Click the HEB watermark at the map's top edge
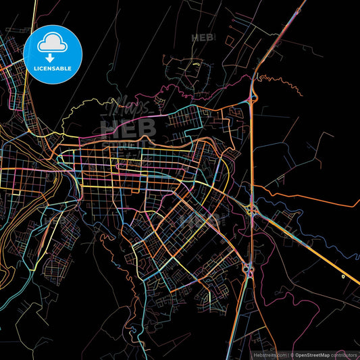point(201,38)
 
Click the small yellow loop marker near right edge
point(343,276)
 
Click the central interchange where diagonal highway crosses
point(252,210)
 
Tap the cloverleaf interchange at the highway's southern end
point(248,270)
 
